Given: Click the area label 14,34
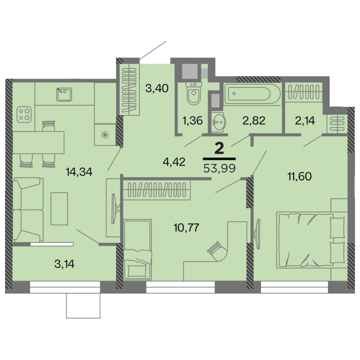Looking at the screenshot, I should point(80,171).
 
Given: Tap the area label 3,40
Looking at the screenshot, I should point(156,89).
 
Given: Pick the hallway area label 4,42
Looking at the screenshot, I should point(174,161).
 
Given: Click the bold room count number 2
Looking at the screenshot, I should point(218,147).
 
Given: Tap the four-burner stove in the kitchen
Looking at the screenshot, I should point(23,114).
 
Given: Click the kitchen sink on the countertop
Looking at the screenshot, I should point(63,94).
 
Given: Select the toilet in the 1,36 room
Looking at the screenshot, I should point(193,94).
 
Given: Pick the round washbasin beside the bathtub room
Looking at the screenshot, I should point(218,121).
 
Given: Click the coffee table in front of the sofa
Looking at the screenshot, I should point(58,208).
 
